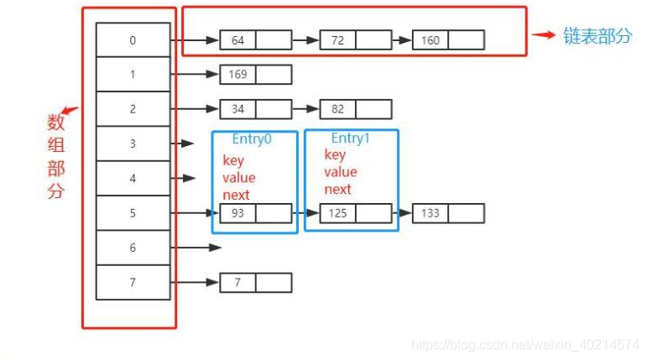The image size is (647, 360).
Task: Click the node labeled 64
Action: pos(237,39)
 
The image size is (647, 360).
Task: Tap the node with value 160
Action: pos(430,39)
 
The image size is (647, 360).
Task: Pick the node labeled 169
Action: pos(237,75)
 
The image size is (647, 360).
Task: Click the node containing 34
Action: pos(237,108)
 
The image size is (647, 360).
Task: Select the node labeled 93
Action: pos(237,213)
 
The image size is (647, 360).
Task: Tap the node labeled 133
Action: pos(430,213)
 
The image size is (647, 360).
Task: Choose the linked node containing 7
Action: pos(237,283)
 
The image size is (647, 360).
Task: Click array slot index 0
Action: pos(133,39)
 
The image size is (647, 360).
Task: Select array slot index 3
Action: pos(133,143)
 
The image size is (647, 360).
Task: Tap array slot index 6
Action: pos(133,248)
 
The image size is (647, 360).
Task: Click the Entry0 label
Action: pos(253,140)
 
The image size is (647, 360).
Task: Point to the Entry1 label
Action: pos(351,138)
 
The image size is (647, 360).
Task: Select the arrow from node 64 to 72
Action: pos(305,39)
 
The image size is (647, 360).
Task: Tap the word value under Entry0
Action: pos(239,178)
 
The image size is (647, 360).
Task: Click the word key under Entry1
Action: pos(335,155)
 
